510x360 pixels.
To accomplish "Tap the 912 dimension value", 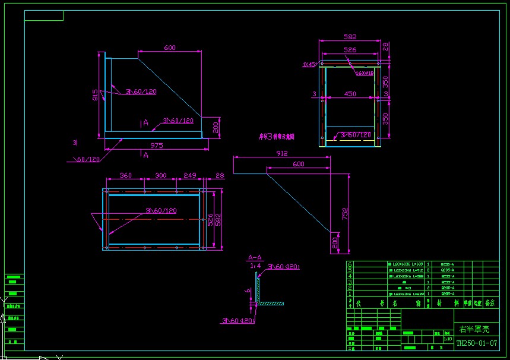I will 281,153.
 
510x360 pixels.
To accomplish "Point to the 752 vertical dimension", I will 346,213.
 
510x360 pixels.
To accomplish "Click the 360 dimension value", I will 125,176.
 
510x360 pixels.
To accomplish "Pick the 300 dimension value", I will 160,176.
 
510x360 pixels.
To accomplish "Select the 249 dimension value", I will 189,176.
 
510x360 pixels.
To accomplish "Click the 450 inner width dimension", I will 350,94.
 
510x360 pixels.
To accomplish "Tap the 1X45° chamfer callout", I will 309,64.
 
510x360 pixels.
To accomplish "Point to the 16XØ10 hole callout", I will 365,74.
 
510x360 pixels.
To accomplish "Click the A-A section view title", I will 255,258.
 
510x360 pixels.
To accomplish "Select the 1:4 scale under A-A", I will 255,265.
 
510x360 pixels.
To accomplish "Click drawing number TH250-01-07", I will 476,343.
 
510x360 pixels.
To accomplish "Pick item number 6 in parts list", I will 350,264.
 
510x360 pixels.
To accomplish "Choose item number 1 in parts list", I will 350,293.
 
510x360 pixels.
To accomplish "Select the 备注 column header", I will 490,302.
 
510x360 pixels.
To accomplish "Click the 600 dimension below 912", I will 298,164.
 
